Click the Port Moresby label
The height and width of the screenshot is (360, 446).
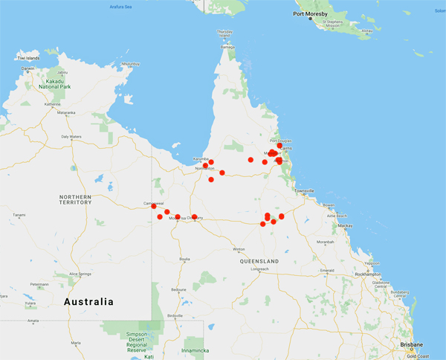[311, 13]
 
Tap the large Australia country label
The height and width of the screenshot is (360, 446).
[88, 302]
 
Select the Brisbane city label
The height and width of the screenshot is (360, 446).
[410, 345]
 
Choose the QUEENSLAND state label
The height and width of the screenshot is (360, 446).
[259, 261]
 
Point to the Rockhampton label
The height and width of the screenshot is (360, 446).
[388, 274]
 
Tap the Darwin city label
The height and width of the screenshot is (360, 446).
[28, 68]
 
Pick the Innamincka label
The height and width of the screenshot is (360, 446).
[195, 349]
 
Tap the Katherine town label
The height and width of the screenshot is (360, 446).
[51, 104]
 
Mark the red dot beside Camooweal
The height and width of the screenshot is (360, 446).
[154, 206]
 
